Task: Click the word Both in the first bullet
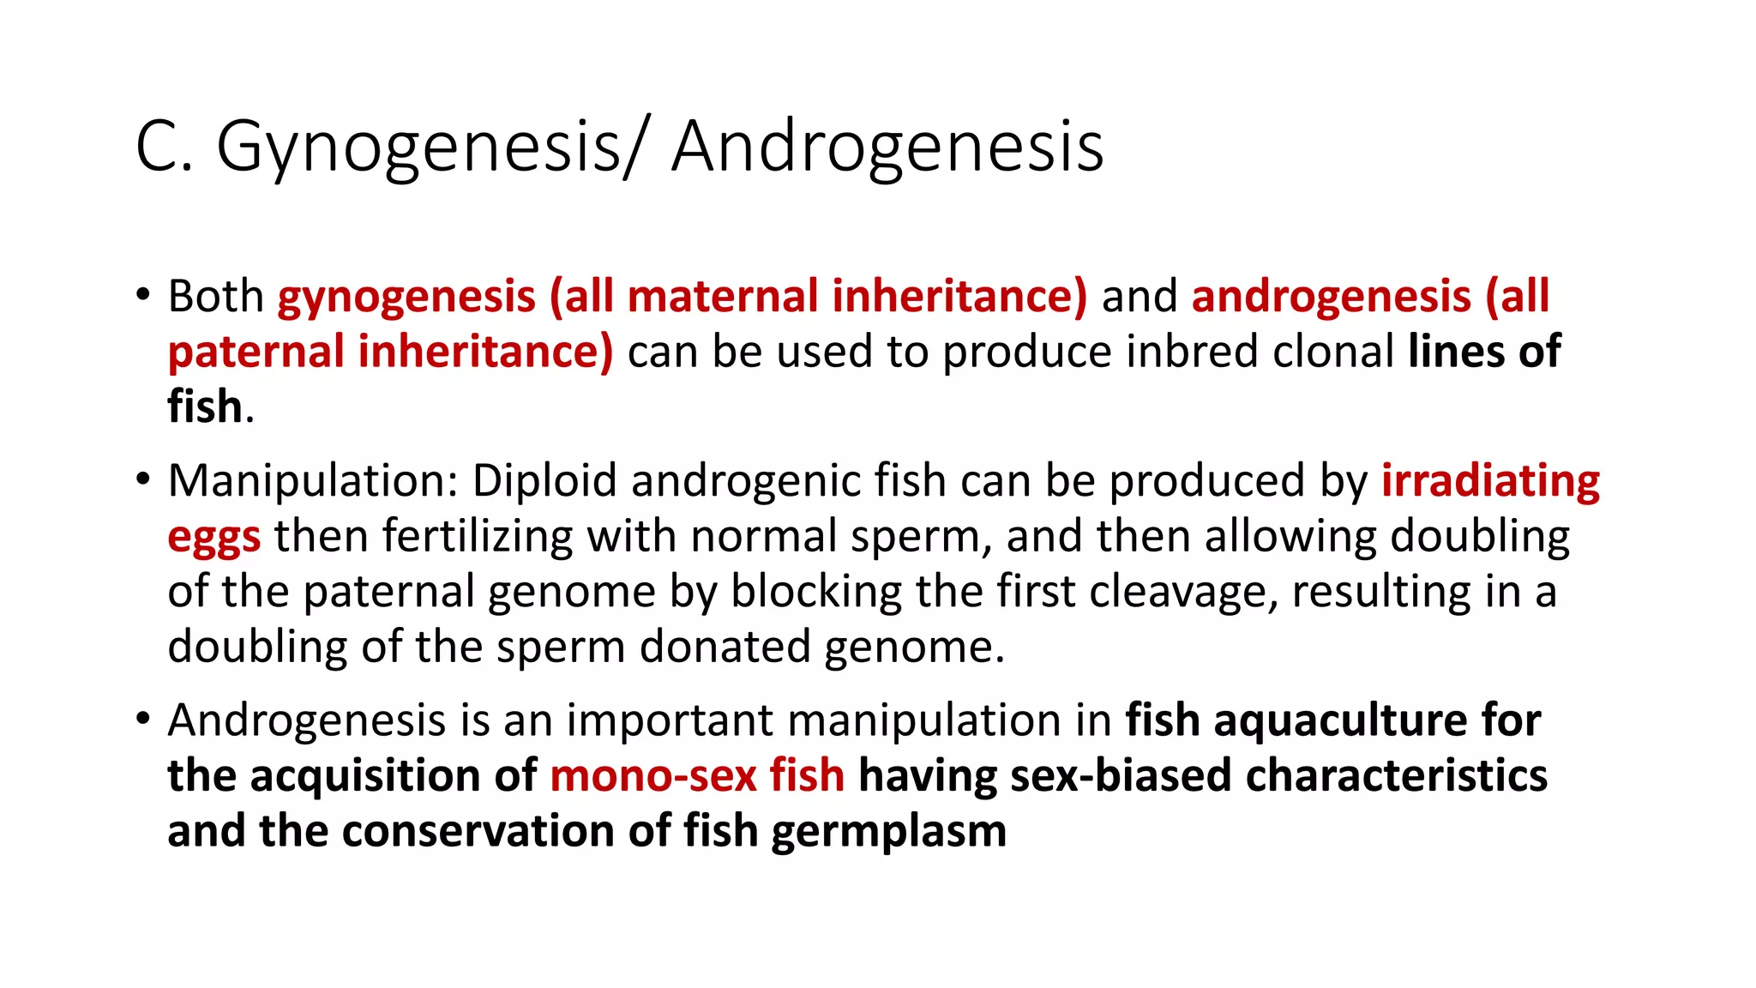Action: (215, 297)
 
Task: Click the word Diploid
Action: (544, 480)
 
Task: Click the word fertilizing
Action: (477, 537)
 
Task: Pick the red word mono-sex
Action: (653, 776)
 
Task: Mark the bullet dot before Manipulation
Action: (142, 479)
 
